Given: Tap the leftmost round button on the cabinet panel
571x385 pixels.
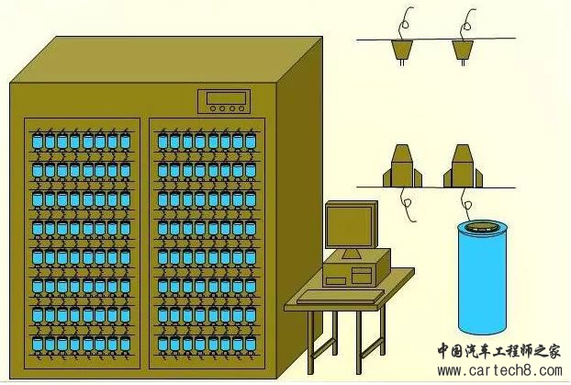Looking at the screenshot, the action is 213,108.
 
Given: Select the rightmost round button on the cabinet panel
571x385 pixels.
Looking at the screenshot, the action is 241,108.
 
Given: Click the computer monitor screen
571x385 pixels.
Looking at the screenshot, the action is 349,227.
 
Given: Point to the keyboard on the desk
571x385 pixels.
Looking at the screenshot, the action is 341,297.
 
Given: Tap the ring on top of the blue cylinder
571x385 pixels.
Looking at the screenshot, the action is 482,227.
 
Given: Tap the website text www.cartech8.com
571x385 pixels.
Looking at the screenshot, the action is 499,371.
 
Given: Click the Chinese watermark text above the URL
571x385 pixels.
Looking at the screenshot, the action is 498,351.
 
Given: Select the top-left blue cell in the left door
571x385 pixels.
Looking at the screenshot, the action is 38,142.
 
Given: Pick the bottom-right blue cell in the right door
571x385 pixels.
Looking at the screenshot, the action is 251,345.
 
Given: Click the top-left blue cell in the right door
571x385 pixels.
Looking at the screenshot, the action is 162,142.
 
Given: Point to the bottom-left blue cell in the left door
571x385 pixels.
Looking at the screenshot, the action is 38,345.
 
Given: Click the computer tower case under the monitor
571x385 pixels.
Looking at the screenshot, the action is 356,270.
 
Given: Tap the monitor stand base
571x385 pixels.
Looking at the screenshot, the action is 352,255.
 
